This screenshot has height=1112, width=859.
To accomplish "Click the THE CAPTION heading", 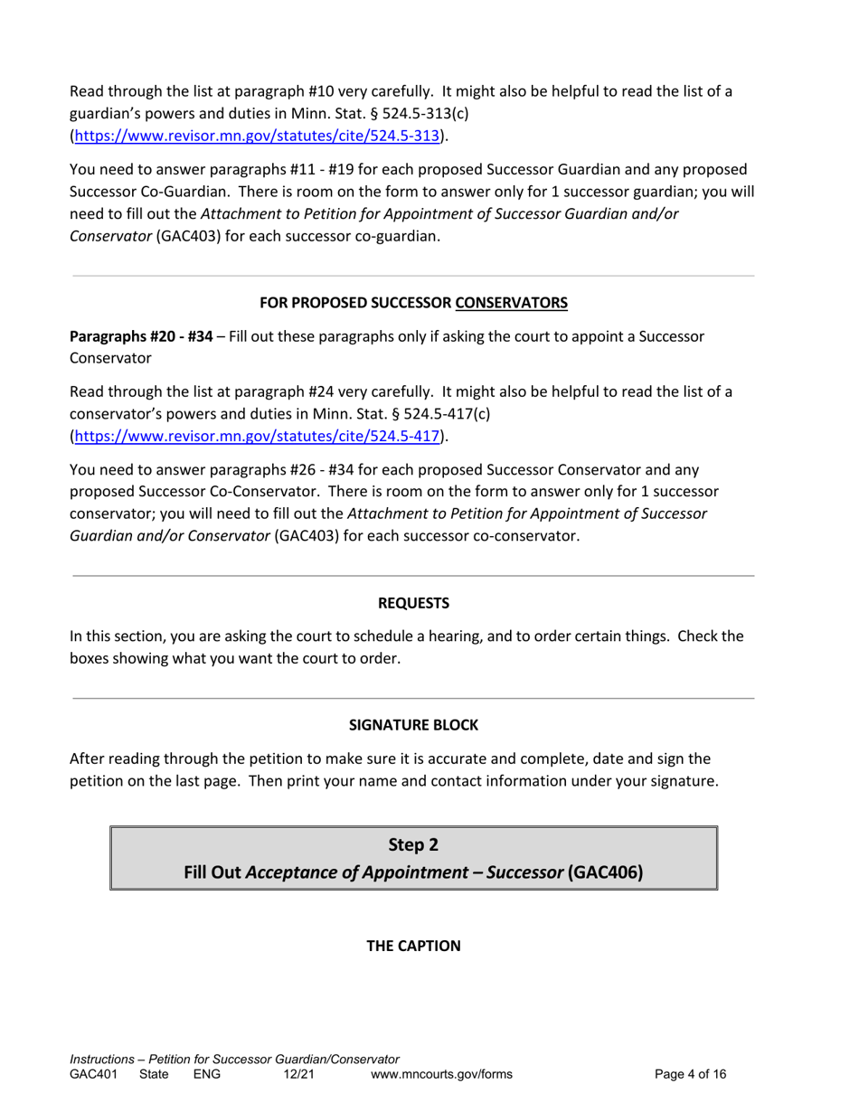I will (x=413, y=946).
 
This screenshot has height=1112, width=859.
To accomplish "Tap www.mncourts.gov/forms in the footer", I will (x=442, y=1074).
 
